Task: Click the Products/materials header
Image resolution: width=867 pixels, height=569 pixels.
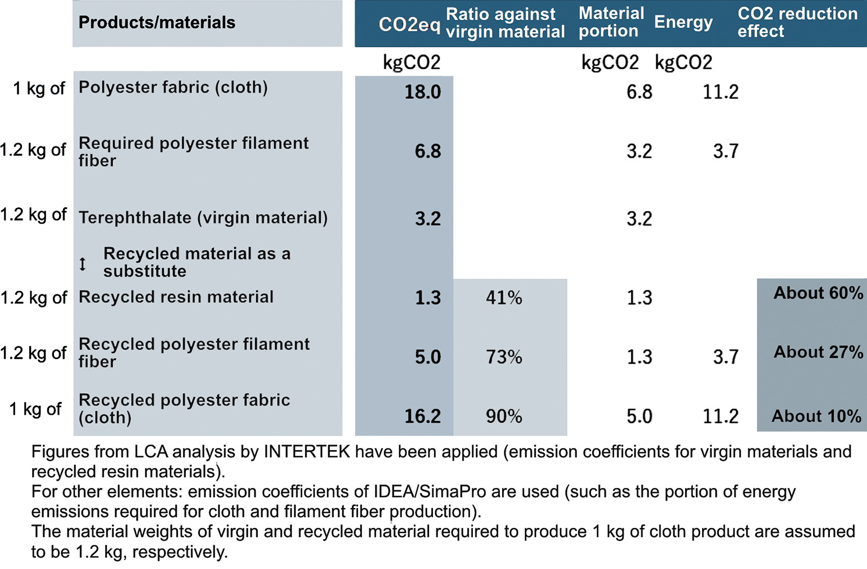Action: point(157,23)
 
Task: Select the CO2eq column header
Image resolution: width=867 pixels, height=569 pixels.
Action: point(409,24)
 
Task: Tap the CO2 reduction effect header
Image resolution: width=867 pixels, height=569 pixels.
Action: point(797,23)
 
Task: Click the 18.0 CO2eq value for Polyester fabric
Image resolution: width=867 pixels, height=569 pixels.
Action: point(422,92)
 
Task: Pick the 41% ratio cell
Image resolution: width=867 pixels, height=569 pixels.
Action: point(504,298)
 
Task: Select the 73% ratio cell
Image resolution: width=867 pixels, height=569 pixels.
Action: point(504,357)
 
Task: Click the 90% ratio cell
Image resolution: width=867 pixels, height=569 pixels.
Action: point(504,416)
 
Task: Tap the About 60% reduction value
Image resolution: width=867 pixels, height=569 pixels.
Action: point(817,293)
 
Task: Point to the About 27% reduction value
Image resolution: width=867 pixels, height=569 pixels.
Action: point(817,352)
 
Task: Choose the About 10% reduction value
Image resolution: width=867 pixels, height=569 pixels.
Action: point(816,416)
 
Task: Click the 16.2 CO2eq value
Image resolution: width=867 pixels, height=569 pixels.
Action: point(422,416)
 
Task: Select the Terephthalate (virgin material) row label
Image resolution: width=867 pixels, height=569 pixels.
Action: point(203,218)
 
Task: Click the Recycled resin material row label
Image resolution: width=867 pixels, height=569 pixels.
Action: point(176,297)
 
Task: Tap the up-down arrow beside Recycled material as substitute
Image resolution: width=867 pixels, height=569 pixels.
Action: point(83,263)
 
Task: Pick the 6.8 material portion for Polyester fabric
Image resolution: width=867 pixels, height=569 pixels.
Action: point(639,92)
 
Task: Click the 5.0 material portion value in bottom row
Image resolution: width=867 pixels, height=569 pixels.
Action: point(639,416)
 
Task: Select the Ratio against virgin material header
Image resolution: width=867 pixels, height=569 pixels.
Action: point(505,23)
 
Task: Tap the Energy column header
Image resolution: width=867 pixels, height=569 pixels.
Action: point(683,23)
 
